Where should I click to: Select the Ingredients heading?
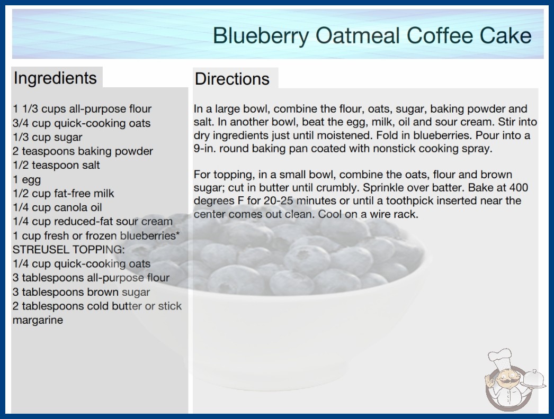coord(55,78)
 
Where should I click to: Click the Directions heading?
coord(232,79)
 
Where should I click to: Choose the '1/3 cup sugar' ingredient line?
coord(47,138)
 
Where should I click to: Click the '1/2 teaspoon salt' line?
coord(56,165)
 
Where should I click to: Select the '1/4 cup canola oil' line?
coord(57,207)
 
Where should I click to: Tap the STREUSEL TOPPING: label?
coord(68,250)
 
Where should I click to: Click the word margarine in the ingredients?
coord(38,321)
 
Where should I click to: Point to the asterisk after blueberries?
coord(178,233)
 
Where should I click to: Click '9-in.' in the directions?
coord(205,149)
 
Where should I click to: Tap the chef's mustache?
coord(506,382)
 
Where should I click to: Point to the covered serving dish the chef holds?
coord(533,379)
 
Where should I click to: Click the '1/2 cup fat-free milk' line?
coord(63,194)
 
